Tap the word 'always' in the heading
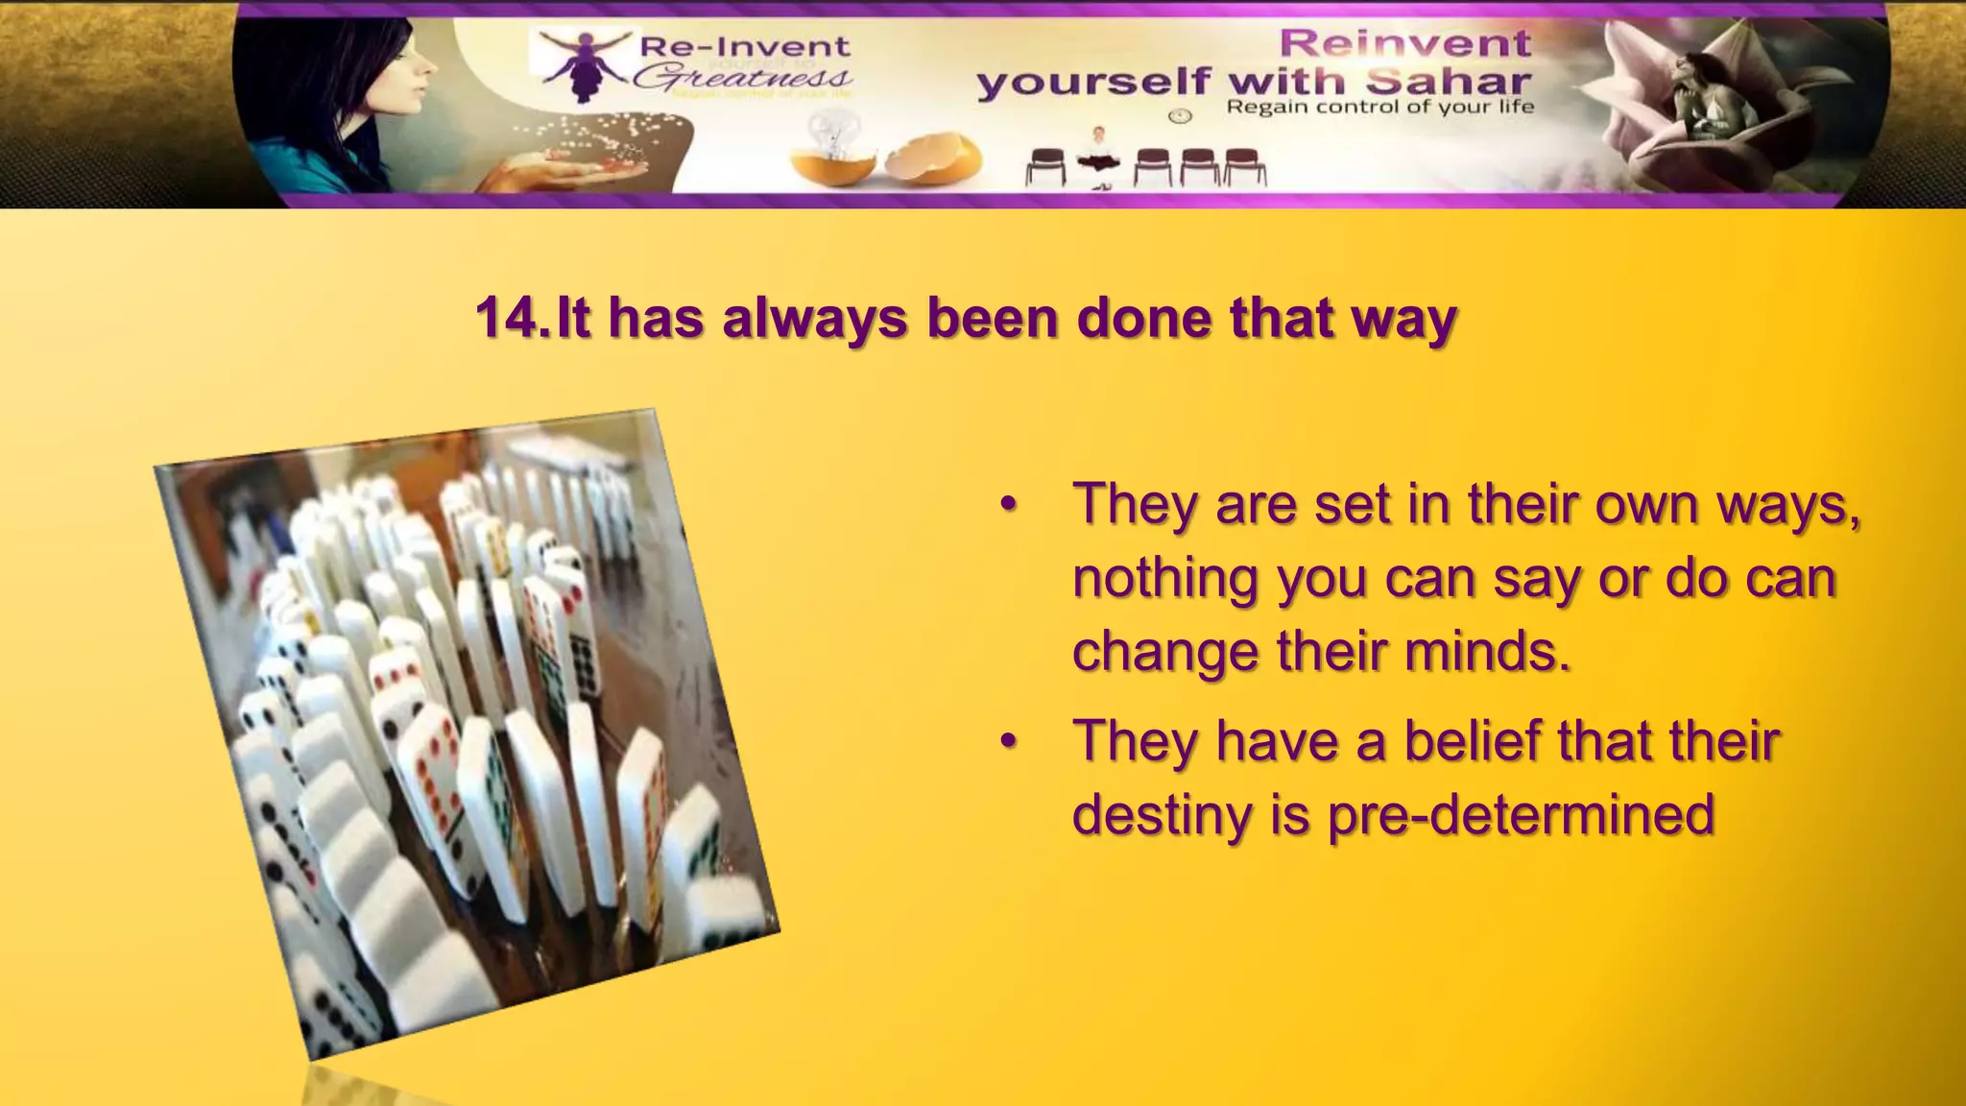tap(814, 319)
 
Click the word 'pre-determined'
tap(1521, 814)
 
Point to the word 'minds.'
tap(1488, 652)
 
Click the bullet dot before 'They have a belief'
tap(1007, 742)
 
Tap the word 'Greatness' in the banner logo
tap(742, 77)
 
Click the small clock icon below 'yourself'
tap(1180, 116)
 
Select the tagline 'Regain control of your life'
tap(1379, 107)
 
